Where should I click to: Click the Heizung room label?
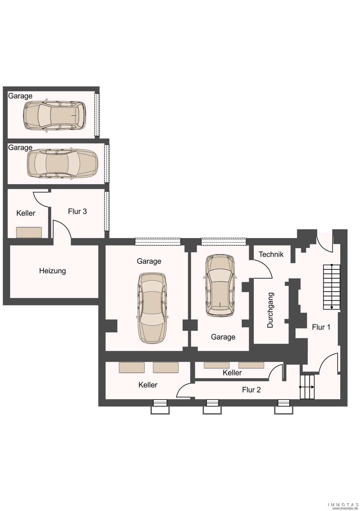pos(52,271)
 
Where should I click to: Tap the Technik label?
pos(271,254)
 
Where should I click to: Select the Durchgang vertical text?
pos(270,310)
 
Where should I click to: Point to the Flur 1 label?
pos(321,327)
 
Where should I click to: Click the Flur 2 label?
pos(251,390)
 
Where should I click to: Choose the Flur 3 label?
pos(77,211)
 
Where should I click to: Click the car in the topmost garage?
pos(54,115)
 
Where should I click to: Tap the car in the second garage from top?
pos(63,164)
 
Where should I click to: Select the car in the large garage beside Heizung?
pos(152,308)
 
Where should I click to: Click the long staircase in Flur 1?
pos(332,287)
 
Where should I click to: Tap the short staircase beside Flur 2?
pos(307,387)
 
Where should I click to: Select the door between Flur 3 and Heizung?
pos(62,229)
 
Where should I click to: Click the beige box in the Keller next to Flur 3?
pos(29,233)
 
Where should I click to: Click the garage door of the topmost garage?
pos(97,115)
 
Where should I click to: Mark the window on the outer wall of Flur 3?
pos(107,211)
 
